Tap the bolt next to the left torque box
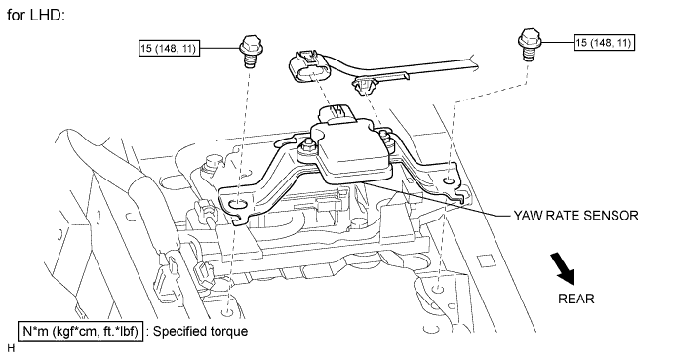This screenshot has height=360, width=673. tap(249, 52)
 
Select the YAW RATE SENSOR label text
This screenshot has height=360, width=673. tap(575, 215)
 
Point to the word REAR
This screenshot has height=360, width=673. tap(576, 299)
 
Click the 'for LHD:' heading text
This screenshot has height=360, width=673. tap(36, 16)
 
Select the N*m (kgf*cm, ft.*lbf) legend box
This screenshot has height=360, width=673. tap(80, 332)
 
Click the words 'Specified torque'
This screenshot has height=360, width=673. tap(201, 332)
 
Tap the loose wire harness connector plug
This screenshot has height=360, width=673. tap(308, 67)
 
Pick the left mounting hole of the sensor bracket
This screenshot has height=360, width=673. tap(236, 207)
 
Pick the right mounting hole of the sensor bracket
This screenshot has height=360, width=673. tap(448, 181)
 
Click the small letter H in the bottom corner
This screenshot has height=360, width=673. tap(11, 348)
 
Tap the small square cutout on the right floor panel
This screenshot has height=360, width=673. tap(484, 261)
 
